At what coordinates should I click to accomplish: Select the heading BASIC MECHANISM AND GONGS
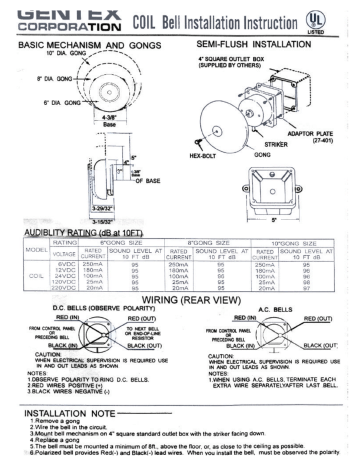point(89,44)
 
